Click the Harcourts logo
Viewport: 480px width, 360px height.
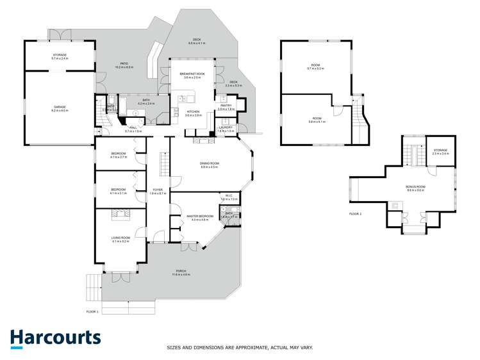click(x=55, y=338)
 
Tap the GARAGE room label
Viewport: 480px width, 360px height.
click(x=60, y=108)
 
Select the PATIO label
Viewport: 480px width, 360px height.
click(x=125, y=64)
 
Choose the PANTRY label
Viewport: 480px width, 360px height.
click(x=226, y=106)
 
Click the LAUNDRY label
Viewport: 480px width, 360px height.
click(x=225, y=128)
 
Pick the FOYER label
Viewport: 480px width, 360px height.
click(x=158, y=190)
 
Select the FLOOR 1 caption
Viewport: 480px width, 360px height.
click(x=94, y=312)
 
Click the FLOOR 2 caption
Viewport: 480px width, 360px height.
click(x=356, y=213)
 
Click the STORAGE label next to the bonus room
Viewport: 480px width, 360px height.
click(x=440, y=151)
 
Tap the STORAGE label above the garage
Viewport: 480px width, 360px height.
click(x=60, y=56)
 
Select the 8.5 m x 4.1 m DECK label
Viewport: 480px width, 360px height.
click(x=195, y=41)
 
